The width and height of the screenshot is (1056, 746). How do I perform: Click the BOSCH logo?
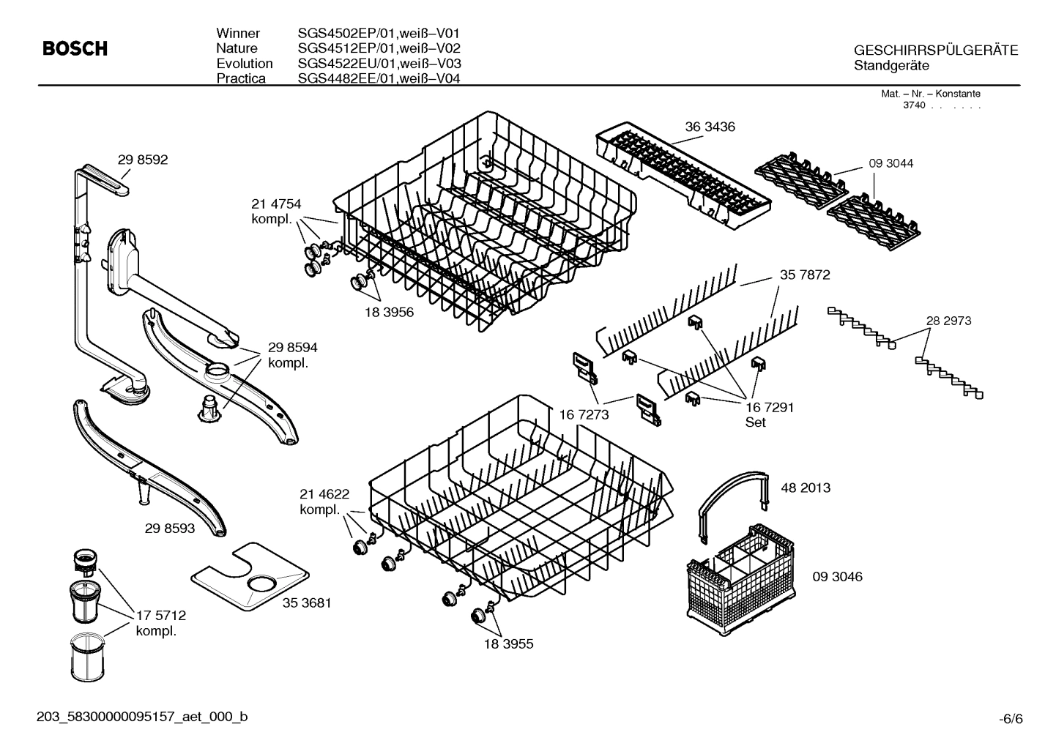[75, 49]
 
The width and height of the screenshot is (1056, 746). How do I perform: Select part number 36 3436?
[710, 127]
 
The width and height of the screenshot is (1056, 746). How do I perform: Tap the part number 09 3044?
[890, 163]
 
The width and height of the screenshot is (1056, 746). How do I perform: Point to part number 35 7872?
[804, 275]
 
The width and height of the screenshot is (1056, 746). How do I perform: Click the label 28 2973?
[948, 321]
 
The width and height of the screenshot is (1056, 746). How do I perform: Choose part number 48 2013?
[806, 488]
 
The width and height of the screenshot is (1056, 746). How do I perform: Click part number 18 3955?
[508, 644]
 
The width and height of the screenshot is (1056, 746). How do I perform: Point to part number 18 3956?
[389, 313]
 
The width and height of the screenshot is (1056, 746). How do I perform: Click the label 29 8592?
[143, 160]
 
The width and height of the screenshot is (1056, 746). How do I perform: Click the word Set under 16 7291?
[755, 422]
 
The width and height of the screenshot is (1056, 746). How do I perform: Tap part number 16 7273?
[584, 414]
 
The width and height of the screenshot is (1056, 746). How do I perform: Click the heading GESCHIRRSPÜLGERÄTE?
[935, 51]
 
